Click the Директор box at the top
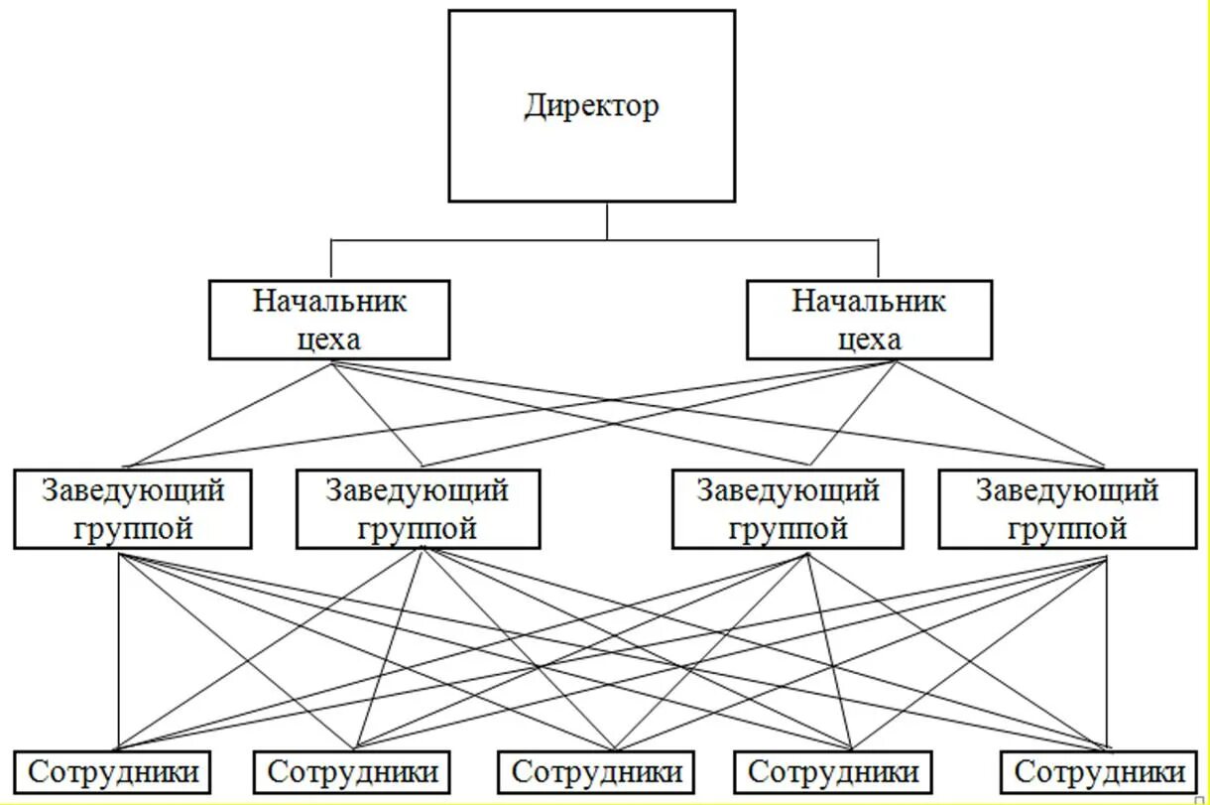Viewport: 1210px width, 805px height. (x=591, y=149)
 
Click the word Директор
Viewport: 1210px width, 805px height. (x=591, y=105)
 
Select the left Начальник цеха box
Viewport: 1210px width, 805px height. (x=329, y=320)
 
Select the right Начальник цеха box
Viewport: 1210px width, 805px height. (x=869, y=320)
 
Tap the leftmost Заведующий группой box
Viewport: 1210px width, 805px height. (x=133, y=509)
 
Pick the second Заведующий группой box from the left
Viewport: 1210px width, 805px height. (x=418, y=509)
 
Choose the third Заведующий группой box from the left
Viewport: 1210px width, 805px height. (x=787, y=509)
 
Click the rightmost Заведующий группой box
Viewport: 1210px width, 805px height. (x=1067, y=509)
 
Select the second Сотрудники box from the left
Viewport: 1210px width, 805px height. (x=353, y=771)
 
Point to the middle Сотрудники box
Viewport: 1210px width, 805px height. (x=597, y=771)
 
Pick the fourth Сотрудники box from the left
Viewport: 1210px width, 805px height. (x=833, y=771)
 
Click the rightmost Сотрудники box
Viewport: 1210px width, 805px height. (x=1100, y=771)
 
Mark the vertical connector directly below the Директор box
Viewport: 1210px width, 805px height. (x=607, y=220)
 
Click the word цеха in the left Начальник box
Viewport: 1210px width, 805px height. (x=329, y=339)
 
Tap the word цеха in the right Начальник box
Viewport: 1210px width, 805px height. (x=870, y=339)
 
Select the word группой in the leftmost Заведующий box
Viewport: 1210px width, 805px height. (x=134, y=528)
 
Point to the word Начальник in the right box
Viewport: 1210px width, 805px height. (x=869, y=301)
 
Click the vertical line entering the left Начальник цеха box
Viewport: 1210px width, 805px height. (x=331, y=260)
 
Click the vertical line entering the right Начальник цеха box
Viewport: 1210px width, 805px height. (x=878, y=260)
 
